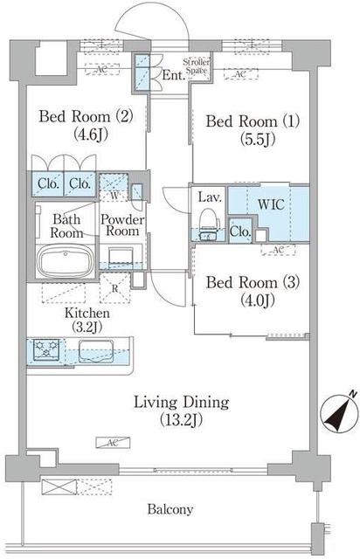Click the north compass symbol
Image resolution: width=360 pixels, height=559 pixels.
[339, 413]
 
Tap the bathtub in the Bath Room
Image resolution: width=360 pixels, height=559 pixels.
[66, 261]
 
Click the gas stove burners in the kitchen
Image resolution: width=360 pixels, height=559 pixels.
[46, 349]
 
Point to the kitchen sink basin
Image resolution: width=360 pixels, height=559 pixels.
[96, 351]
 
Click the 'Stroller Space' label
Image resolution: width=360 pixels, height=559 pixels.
[197, 66]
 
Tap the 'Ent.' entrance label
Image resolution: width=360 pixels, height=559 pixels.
[174, 75]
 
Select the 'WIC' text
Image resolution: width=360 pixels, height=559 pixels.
[271, 204]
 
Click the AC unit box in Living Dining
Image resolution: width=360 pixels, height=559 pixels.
[113, 443]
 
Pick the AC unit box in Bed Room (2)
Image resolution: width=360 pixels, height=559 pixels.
[102, 69]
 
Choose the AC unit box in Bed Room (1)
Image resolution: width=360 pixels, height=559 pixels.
[240, 73]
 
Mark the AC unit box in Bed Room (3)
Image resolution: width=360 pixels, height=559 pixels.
[278, 250]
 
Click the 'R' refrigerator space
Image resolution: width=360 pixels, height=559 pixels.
[114, 288]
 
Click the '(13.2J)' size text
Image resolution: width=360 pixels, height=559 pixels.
[181, 420]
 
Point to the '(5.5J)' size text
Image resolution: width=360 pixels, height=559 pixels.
[258, 140]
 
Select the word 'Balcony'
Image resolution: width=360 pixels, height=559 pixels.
[170, 509]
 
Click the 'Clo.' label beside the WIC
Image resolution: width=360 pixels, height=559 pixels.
[240, 231]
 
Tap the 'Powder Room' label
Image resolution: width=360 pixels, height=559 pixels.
[122, 225]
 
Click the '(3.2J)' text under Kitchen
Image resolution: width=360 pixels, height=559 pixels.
[87, 328]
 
